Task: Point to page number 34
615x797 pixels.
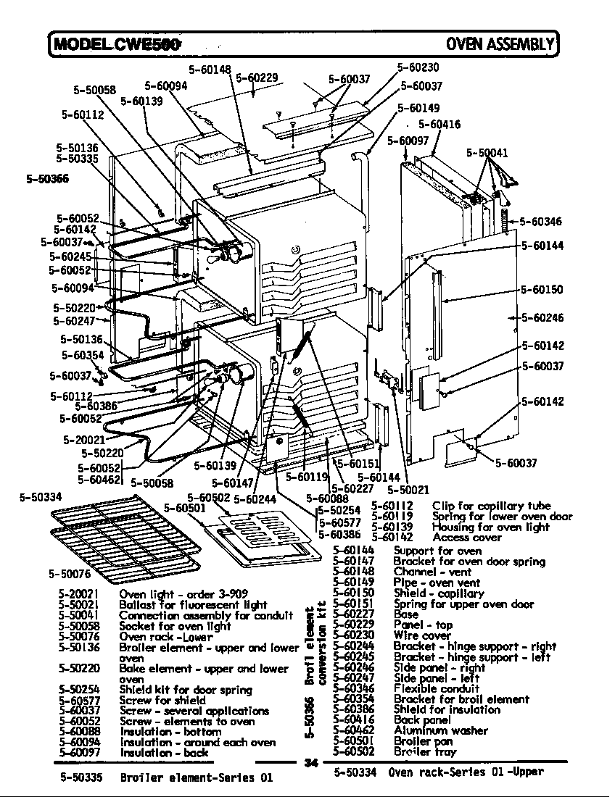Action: pos(312,762)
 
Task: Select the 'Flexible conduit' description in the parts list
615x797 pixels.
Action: pos(436,688)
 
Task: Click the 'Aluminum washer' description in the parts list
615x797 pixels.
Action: pos(440,730)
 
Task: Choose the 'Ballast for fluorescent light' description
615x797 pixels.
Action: pos(193,604)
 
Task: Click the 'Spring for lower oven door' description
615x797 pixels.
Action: pos(502,517)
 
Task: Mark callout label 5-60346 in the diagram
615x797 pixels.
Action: pos(542,222)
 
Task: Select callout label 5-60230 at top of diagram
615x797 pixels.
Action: pos(418,67)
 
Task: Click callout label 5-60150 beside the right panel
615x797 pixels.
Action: pos(542,290)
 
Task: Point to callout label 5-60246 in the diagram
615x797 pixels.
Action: pos(542,317)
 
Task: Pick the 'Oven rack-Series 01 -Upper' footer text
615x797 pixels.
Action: pos(466,772)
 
